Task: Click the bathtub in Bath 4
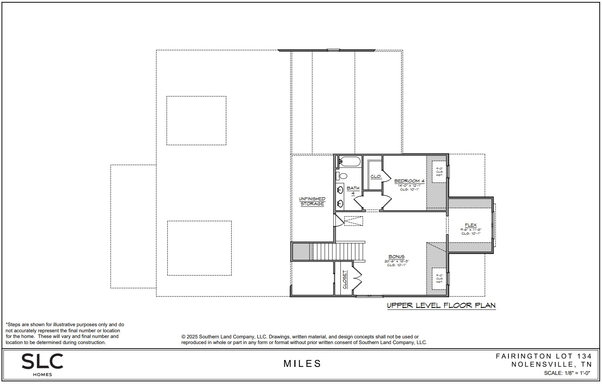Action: pyautogui.click(x=349, y=162)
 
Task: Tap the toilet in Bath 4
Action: pyautogui.click(x=342, y=176)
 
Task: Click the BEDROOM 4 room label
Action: pyautogui.click(x=409, y=181)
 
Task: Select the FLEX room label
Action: pyautogui.click(x=470, y=225)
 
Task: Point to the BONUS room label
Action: pyautogui.click(x=396, y=257)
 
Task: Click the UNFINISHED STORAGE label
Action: pyautogui.click(x=312, y=201)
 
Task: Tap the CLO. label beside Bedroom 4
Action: pyautogui.click(x=376, y=176)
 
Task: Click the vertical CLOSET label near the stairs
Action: pyautogui.click(x=345, y=279)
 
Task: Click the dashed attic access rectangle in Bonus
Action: pyautogui.click(x=353, y=221)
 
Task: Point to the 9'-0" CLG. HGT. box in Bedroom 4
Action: pyautogui.click(x=439, y=172)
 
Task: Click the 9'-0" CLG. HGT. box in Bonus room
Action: pyautogui.click(x=439, y=279)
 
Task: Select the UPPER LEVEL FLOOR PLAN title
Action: pyautogui.click(x=441, y=305)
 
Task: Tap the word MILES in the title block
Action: pyautogui.click(x=302, y=364)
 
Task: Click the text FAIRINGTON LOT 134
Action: pyautogui.click(x=543, y=356)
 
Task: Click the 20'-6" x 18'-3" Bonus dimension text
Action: pyautogui.click(x=396, y=261)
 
